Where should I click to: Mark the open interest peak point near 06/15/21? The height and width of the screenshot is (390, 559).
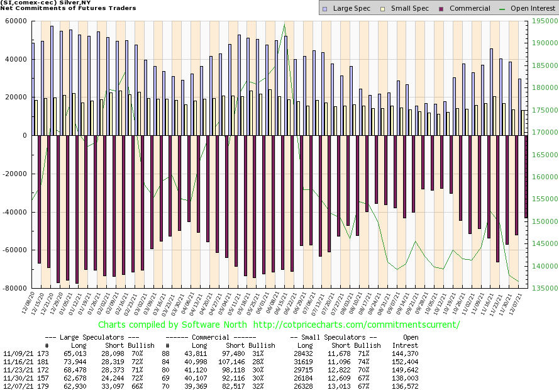click(285, 24)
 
